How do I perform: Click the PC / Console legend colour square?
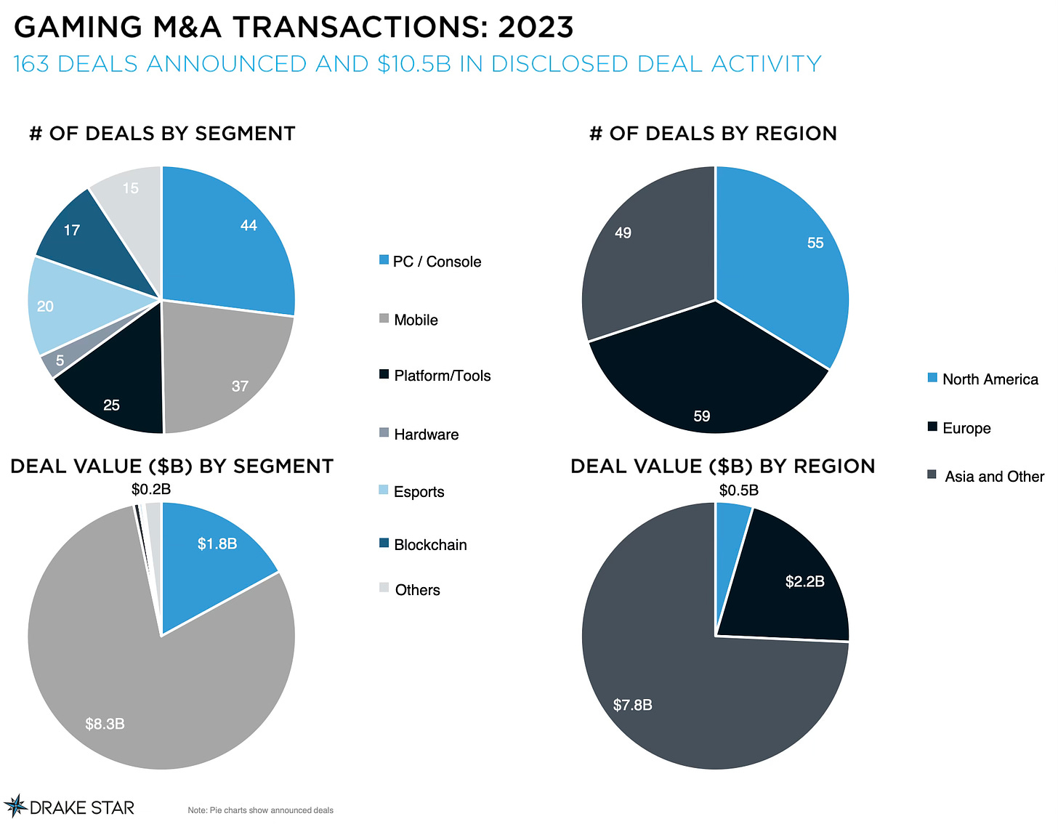coord(384,260)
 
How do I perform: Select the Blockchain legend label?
coord(430,545)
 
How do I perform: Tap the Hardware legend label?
coord(426,435)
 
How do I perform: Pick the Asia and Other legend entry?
coord(994,477)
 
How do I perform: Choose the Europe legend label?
coord(966,428)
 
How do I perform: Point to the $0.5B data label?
coord(739,490)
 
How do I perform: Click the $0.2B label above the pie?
coord(151,489)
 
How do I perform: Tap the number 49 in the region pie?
coord(623,233)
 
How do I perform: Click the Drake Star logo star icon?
coord(15,806)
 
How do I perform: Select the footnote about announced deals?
coord(260,810)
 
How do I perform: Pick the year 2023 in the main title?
coord(536,28)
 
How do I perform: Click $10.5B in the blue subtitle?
coord(414,64)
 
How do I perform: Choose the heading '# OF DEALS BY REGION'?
coord(713,134)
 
